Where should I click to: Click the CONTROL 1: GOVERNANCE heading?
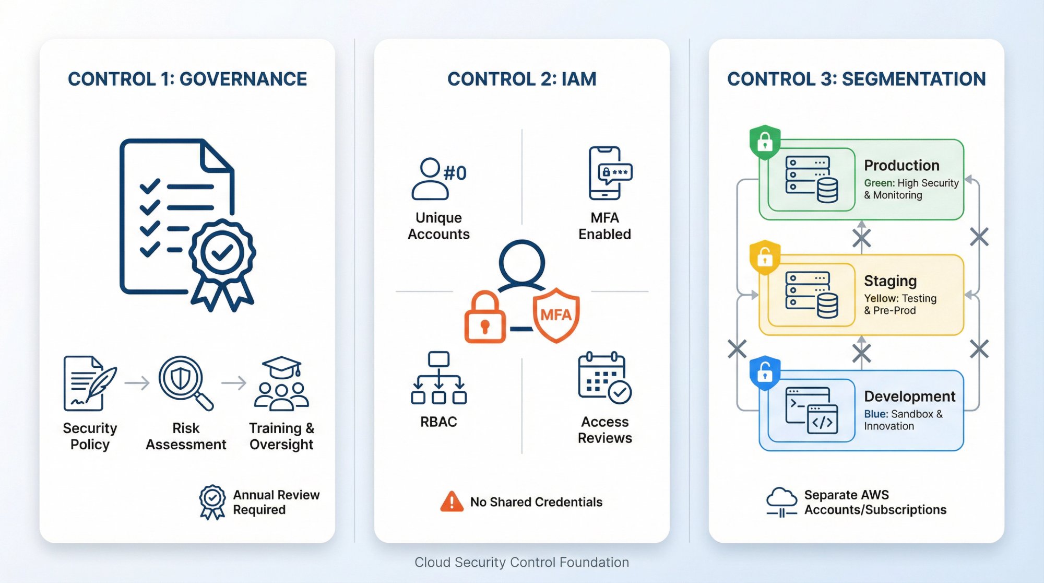click(x=187, y=79)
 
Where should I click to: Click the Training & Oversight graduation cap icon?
click(x=281, y=383)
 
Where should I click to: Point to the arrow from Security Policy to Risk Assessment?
click(x=137, y=383)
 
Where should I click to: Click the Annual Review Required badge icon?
click(x=212, y=502)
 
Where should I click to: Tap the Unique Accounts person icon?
click(x=431, y=179)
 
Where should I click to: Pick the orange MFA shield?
click(x=556, y=314)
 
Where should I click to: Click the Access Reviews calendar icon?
click(x=604, y=378)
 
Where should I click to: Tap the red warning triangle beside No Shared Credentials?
click(x=452, y=502)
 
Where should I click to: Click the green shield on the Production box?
click(x=765, y=142)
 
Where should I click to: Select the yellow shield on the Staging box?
click(x=765, y=257)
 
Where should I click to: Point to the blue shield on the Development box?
click(x=765, y=373)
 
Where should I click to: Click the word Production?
click(x=901, y=166)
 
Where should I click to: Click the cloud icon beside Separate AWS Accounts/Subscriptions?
click(x=781, y=502)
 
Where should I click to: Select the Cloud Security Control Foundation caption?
click(x=521, y=562)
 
